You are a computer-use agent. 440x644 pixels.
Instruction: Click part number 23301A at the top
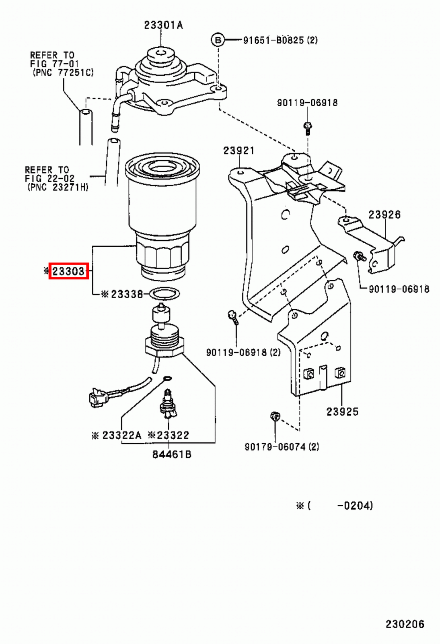(163, 25)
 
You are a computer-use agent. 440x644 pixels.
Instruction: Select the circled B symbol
(218, 40)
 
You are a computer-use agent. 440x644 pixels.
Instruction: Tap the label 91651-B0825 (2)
(280, 40)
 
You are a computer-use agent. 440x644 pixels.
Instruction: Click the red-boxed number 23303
(68, 271)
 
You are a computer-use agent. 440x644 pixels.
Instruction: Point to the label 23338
(127, 294)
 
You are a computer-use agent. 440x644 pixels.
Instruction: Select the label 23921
(239, 151)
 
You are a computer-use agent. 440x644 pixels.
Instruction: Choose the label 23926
(384, 215)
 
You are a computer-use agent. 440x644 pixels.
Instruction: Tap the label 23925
(342, 411)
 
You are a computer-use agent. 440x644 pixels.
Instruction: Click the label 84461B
(172, 454)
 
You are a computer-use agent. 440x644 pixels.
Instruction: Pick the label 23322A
(121, 435)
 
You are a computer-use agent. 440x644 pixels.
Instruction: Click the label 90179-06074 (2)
(282, 447)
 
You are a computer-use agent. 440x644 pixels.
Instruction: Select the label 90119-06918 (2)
(243, 352)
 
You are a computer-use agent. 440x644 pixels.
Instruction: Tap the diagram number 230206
(405, 624)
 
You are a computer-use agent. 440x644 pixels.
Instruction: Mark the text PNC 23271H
(58, 187)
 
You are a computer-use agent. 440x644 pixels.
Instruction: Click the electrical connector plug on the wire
(98, 398)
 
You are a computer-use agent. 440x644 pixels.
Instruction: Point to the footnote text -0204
(355, 506)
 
